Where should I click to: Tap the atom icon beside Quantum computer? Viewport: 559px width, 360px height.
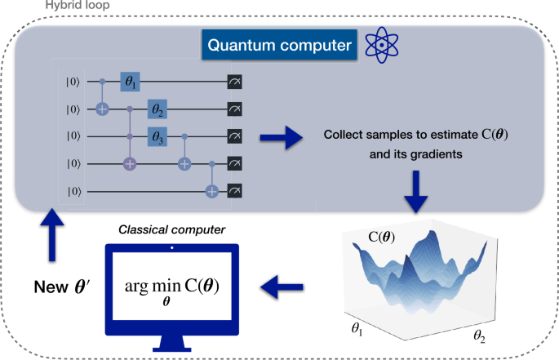coord(380,45)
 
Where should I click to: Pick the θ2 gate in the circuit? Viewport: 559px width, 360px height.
coord(157,109)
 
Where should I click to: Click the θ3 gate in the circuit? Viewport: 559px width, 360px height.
coord(157,136)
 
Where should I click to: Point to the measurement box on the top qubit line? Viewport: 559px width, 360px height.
coord(234,82)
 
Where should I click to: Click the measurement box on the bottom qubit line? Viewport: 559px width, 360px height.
coord(234,191)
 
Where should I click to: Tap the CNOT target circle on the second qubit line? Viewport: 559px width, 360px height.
coord(103,109)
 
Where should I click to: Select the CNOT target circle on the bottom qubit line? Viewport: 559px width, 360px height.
coord(212,191)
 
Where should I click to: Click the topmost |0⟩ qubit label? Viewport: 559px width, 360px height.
coord(73,82)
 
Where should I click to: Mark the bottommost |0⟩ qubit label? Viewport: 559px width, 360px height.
coord(73,191)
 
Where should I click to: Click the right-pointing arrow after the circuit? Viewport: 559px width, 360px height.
coord(275,140)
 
